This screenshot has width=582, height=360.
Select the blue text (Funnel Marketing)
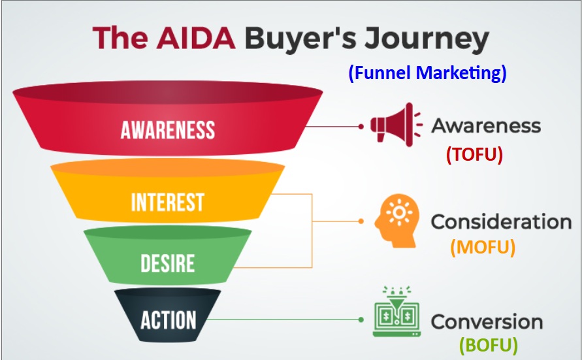(427, 73)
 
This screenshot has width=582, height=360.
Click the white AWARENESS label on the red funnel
(168, 129)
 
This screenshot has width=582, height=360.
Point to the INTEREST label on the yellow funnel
(168, 202)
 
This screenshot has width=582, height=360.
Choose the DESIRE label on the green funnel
(168, 263)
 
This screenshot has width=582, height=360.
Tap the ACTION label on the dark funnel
(168, 320)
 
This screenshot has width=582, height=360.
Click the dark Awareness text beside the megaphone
(486, 125)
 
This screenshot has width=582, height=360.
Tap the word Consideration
(501, 221)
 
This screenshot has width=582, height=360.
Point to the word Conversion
(487, 321)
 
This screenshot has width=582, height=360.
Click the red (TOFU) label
(474, 155)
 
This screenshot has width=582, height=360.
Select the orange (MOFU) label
(483, 248)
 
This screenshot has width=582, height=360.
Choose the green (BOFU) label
(489, 344)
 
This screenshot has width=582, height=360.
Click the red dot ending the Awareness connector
(361, 127)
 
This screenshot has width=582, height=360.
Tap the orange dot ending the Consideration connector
(361, 221)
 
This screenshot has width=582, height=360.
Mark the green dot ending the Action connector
(361, 319)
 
